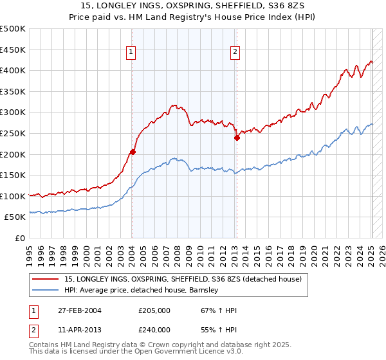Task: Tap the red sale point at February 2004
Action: click(133, 152)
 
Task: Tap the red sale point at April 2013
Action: click(237, 137)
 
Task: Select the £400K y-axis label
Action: click(14, 71)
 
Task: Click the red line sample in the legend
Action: click(45, 279)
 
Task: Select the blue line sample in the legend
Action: click(45, 290)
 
